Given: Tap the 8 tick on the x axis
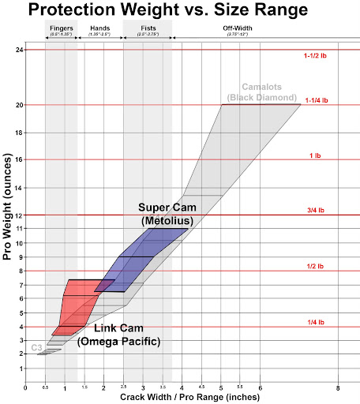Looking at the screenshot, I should pyautogui.click(x=338, y=388).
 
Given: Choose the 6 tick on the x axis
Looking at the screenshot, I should pyautogui.click(x=260, y=388).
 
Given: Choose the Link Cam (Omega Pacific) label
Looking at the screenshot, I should pyautogui.click(x=120, y=335).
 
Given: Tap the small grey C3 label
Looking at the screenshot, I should pyautogui.click(x=36, y=348).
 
